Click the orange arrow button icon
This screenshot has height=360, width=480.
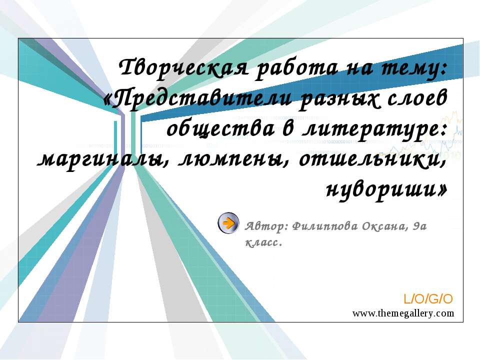(228, 223)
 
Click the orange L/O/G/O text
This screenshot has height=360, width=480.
(428, 299)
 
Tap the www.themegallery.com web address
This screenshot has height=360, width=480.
(403, 313)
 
